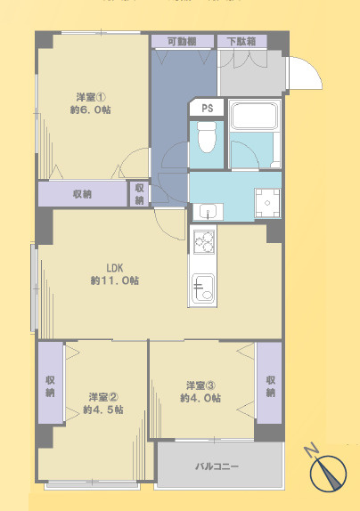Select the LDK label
tap(114, 267)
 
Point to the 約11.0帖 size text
tap(114, 280)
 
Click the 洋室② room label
tap(102, 396)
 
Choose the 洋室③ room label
tap(201, 385)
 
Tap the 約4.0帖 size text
tap(201, 398)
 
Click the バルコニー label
tap(217, 466)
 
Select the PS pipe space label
tap(207, 109)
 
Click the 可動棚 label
tap(182, 41)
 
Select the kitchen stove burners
tap(203, 240)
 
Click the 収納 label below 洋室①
tap(83, 194)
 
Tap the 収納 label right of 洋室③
tap(270, 385)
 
